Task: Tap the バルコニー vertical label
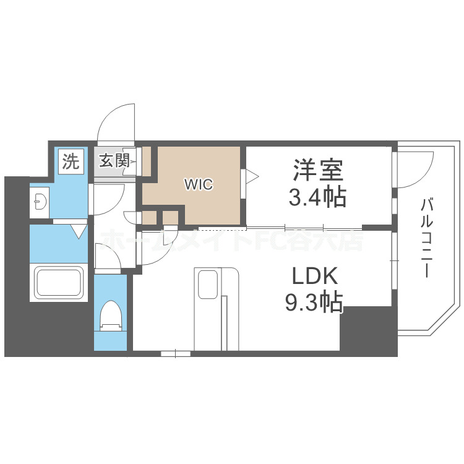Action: (x=426, y=238)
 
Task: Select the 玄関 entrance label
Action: (x=114, y=161)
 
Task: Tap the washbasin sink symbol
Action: (x=40, y=200)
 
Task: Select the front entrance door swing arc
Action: (x=116, y=121)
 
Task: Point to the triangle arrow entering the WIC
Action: (x=252, y=177)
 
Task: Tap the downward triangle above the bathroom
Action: (x=78, y=231)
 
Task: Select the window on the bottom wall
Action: (x=176, y=354)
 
